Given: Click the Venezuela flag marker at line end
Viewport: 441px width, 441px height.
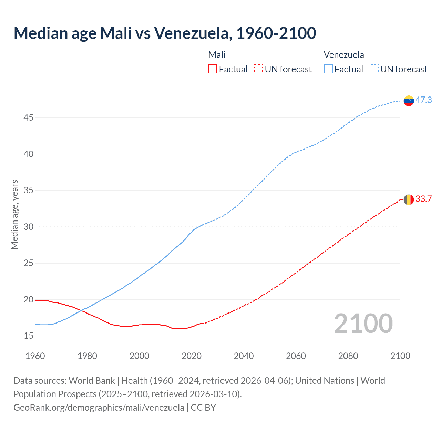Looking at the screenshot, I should (x=409, y=101).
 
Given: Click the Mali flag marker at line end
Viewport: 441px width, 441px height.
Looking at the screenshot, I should (x=409, y=199).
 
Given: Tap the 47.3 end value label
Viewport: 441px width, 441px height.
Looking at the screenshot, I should (x=423, y=100).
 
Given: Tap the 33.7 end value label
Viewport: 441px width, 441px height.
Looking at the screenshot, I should (x=423, y=199).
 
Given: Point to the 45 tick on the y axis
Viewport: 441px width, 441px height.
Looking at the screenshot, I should (x=28, y=118).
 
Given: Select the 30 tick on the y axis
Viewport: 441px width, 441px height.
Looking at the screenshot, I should (x=28, y=227).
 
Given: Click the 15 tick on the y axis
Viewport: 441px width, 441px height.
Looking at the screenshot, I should (x=28, y=336).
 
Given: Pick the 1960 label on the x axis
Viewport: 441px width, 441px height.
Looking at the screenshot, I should (x=35, y=356).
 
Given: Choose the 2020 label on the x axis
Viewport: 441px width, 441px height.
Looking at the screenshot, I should (x=192, y=356).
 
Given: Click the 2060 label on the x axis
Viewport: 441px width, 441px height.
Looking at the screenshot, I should (x=296, y=356).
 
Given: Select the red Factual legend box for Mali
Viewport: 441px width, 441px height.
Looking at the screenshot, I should (x=213, y=69).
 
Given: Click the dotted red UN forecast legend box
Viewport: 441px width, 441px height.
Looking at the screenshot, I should (x=258, y=69).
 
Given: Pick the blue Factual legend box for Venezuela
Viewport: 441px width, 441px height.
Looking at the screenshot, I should (x=328, y=69).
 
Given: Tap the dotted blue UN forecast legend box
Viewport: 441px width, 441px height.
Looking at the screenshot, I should (x=374, y=69).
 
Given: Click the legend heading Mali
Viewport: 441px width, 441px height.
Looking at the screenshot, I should (x=217, y=55).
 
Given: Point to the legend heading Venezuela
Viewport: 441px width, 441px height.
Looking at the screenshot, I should (x=343, y=55).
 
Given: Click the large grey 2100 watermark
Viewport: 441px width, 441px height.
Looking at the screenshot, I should (x=363, y=324).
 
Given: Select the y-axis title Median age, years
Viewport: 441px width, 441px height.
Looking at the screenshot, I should (x=14, y=214).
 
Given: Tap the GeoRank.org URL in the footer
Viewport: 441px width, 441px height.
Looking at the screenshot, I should (x=99, y=408).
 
